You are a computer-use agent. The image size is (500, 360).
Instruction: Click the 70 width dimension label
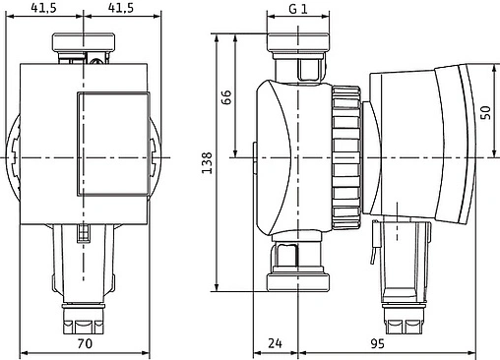point(85,344)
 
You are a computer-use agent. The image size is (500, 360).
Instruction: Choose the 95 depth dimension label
point(377,344)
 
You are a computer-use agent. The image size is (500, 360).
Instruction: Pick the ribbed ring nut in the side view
point(344,157)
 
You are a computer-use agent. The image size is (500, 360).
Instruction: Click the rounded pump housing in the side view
point(290,157)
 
